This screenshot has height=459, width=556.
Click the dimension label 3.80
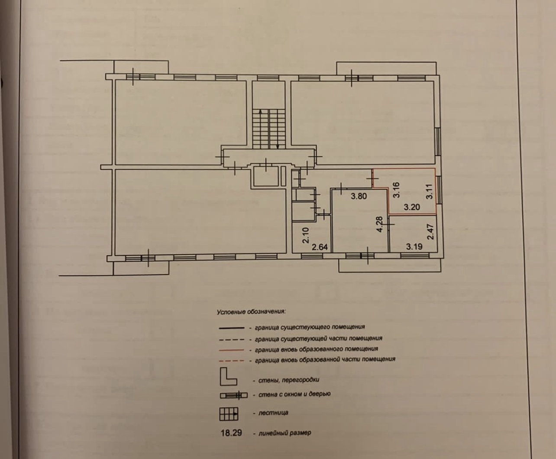[x=359, y=196]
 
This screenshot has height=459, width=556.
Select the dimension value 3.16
[x=396, y=190]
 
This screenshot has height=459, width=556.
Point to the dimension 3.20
[x=412, y=207]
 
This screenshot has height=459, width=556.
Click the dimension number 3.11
[x=429, y=191]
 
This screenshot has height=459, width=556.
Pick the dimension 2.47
[x=430, y=232]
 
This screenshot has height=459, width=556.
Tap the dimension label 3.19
[x=414, y=247]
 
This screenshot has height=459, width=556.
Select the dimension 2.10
[x=305, y=235]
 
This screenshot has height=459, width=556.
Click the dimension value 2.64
[x=320, y=248]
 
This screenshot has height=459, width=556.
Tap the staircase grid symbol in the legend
[x=229, y=414]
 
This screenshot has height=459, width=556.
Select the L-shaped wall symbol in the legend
[x=228, y=377]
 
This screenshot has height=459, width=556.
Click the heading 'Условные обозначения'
[x=252, y=311]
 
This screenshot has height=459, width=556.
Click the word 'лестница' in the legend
[x=274, y=413]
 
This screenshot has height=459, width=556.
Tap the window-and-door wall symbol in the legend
[x=233, y=395]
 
